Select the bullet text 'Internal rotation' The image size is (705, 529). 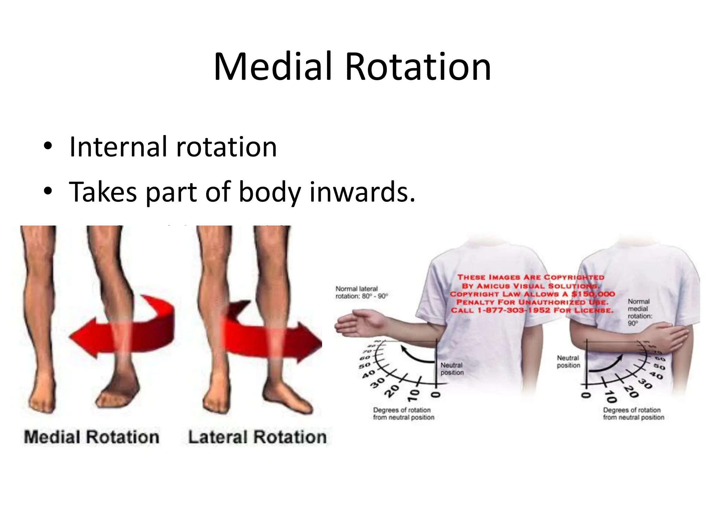[173, 147]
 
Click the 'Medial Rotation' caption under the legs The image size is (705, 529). [92, 437]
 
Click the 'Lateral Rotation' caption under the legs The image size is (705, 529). [257, 437]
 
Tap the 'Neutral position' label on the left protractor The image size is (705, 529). [452, 369]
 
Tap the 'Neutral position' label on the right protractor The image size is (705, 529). [568, 362]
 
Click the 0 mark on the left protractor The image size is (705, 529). [436, 395]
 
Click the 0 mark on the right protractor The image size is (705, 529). [585, 395]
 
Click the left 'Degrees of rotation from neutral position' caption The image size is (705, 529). [403, 414]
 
